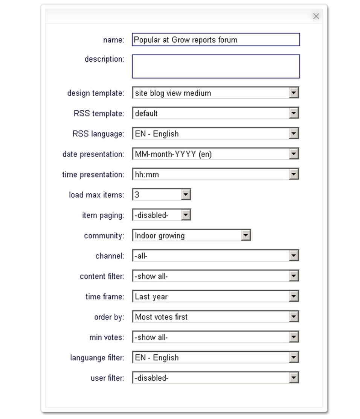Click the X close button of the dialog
click(x=316, y=16)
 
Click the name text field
click(x=215, y=40)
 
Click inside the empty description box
click(x=215, y=67)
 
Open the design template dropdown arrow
click(x=294, y=93)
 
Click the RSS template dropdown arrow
click(x=294, y=113)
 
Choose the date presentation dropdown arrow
click(x=294, y=154)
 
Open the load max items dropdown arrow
click(x=186, y=195)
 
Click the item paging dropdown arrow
click(x=186, y=215)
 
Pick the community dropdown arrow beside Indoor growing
click(x=246, y=235)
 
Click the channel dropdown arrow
click(x=294, y=256)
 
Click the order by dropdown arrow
click(x=294, y=317)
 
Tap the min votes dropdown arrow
click(x=294, y=337)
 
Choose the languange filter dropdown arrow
click(x=294, y=358)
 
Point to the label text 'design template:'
click(x=95, y=93)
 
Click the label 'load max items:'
click(x=96, y=195)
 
